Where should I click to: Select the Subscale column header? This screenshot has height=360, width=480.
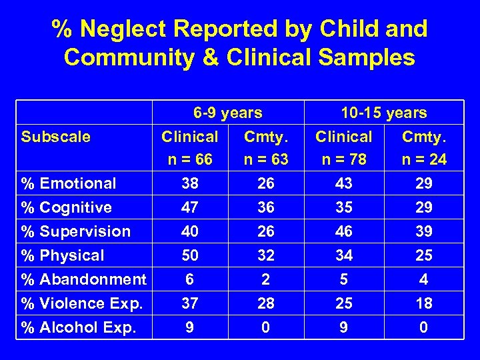pyautogui.click(x=55, y=137)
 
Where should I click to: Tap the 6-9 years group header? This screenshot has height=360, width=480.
pyautogui.click(x=227, y=113)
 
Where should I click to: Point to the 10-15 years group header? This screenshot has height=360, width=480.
pyautogui.click(x=383, y=113)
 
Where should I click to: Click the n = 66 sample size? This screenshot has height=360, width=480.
pyautogui.click(x=189, y=160)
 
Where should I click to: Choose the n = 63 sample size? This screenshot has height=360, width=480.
pyautogui.click(x=266, y=160)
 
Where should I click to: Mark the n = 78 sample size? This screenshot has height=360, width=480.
pyautogui.click(x=343, y=160)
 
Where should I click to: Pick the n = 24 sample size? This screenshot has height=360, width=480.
pyautogui.click(x=423, y=160)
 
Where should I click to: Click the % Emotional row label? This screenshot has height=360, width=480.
pyautogui.click(x=69, y=183)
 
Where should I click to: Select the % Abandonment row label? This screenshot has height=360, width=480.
pyautogui.click(x=83, y=279)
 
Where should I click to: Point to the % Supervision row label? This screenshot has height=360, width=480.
pyautogui.click(x=76, y=231)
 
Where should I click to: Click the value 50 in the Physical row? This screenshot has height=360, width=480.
pyautogui.click(x=189, y=255)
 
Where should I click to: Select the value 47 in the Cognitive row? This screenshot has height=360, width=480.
pyautogui.click(x=189, y=207)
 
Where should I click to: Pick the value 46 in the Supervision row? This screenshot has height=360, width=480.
pyautogui.click(x=343, y=231)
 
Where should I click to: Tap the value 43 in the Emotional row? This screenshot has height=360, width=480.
pyautogui.click(x=343, y=183)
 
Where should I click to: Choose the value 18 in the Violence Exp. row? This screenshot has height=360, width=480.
pyautogui.click(x=423, y=303)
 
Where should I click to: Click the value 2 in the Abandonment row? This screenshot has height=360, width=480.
pyautogui.click(x=266, y=279)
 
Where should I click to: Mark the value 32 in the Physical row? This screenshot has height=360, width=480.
pyautogui.click(x=266, y=255)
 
